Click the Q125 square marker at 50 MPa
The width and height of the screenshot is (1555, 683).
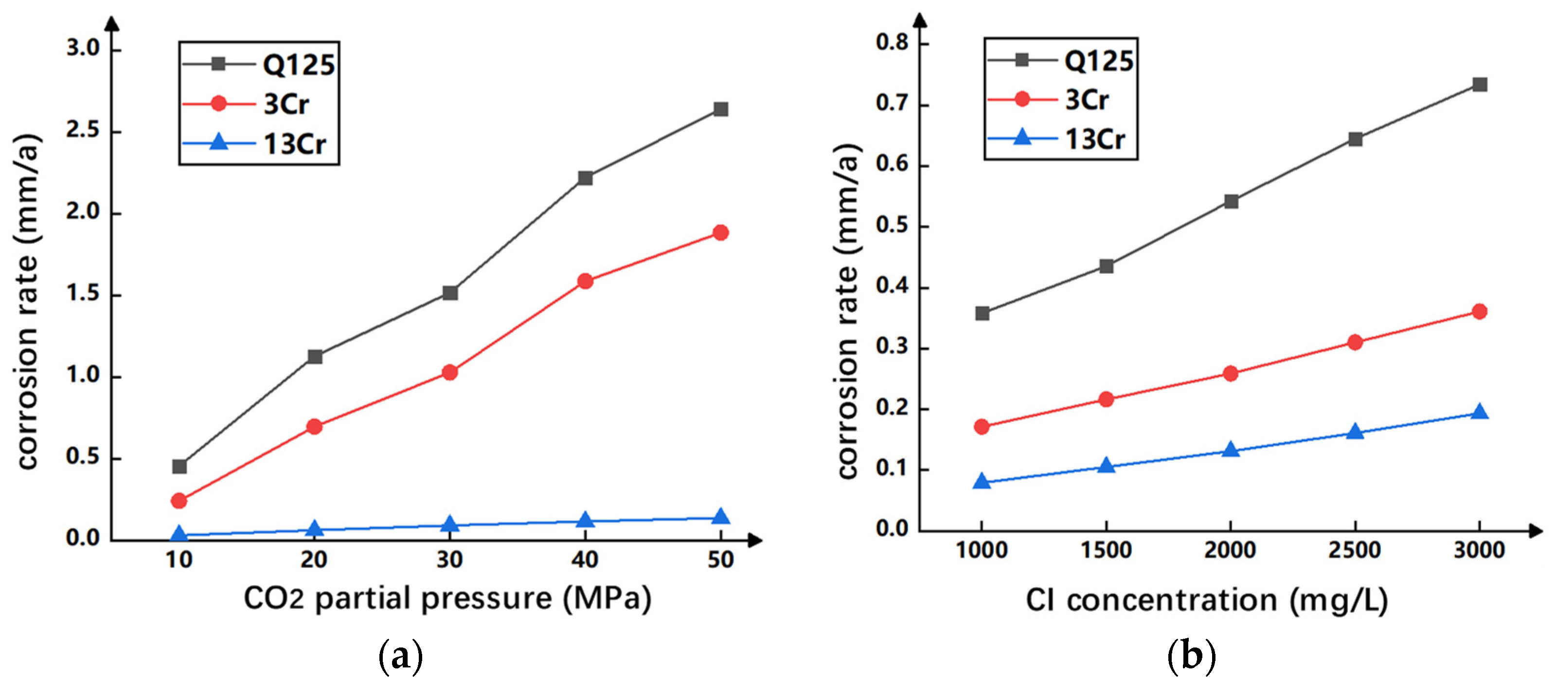pos(720,109)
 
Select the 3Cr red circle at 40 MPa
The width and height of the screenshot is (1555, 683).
pos(585,281)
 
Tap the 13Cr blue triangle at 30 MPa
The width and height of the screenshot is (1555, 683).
pos(450,523)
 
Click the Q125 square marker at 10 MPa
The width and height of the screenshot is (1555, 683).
pos(179,466)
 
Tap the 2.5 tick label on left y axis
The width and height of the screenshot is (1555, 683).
pos(83,130)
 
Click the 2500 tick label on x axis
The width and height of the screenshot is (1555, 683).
pos(1354,550)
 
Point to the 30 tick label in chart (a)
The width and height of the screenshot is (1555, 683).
pos(450,560)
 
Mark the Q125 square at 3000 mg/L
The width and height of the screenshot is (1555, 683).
pos(1480,85)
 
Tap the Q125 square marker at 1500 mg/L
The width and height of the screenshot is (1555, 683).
pos(1107,266)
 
